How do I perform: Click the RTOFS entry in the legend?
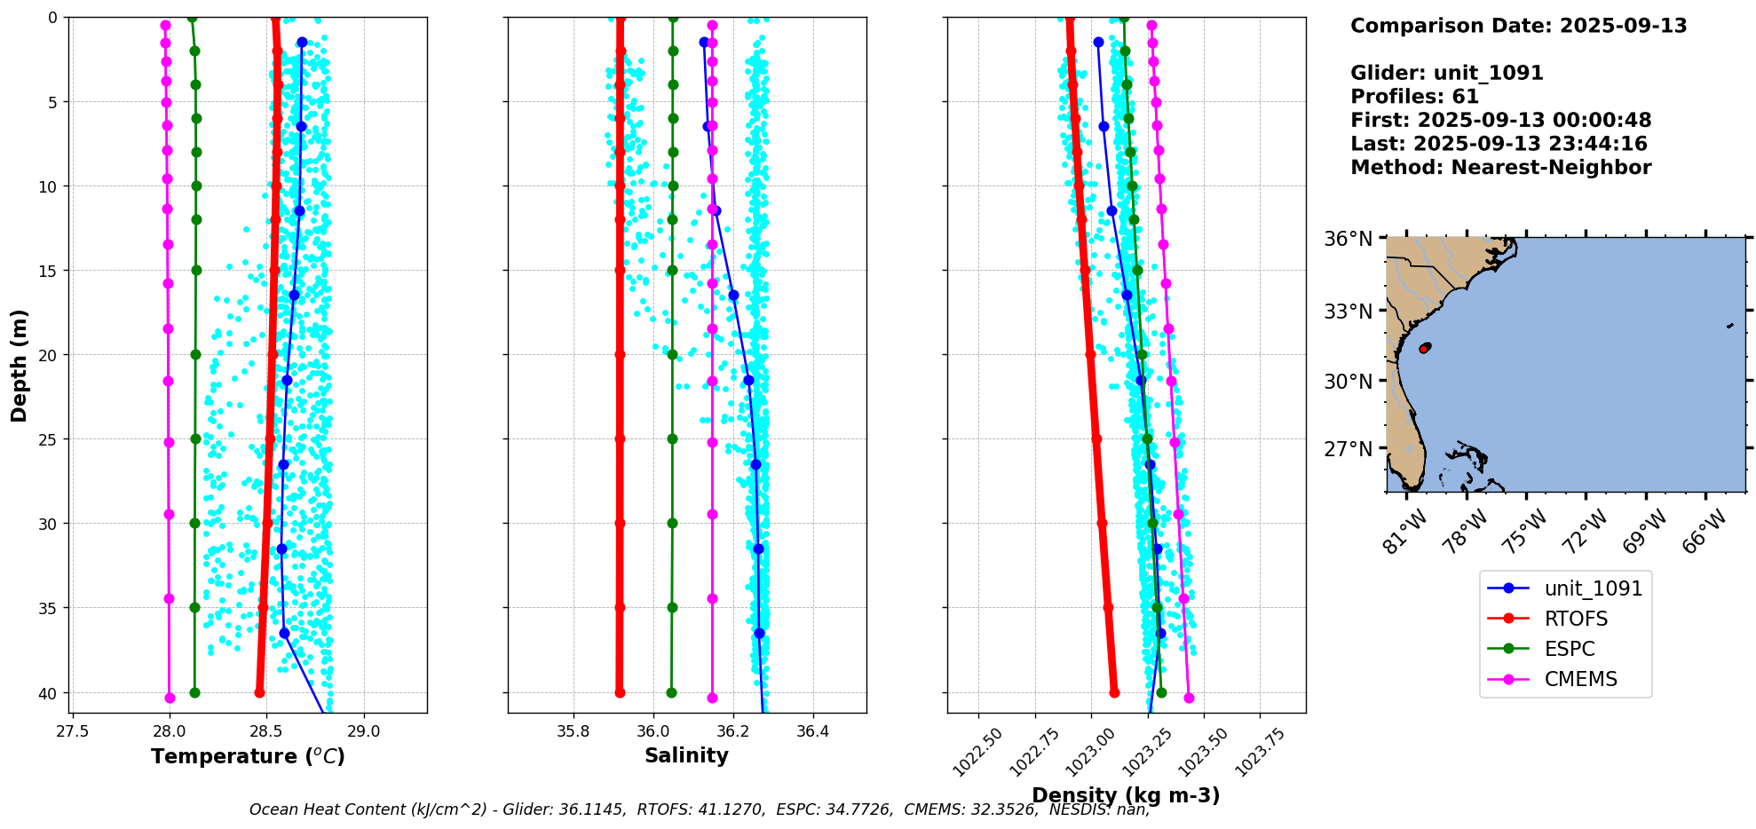point(1576,619)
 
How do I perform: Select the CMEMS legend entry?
point(1580,679)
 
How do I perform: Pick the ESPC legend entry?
point(1570,649)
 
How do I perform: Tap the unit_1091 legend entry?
point(1593,588)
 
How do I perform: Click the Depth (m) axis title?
point(20,365)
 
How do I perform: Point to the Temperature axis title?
point(248,756)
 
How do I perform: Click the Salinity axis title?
point(686,755)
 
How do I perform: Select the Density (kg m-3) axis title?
point(1126,795)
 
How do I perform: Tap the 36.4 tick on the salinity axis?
point(812,731)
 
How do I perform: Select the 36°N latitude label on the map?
point(1349,239)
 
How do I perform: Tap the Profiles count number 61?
point(1465,97)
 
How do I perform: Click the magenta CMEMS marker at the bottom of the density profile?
point(1189,698)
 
